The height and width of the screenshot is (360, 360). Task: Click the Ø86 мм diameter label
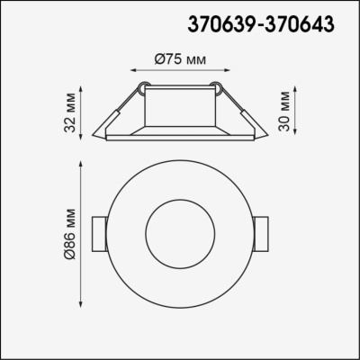[69, 231]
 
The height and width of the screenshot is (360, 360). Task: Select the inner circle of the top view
[180, 231]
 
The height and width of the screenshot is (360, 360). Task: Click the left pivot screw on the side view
[142, 88]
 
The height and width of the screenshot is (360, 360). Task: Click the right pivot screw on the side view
[216, 88]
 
